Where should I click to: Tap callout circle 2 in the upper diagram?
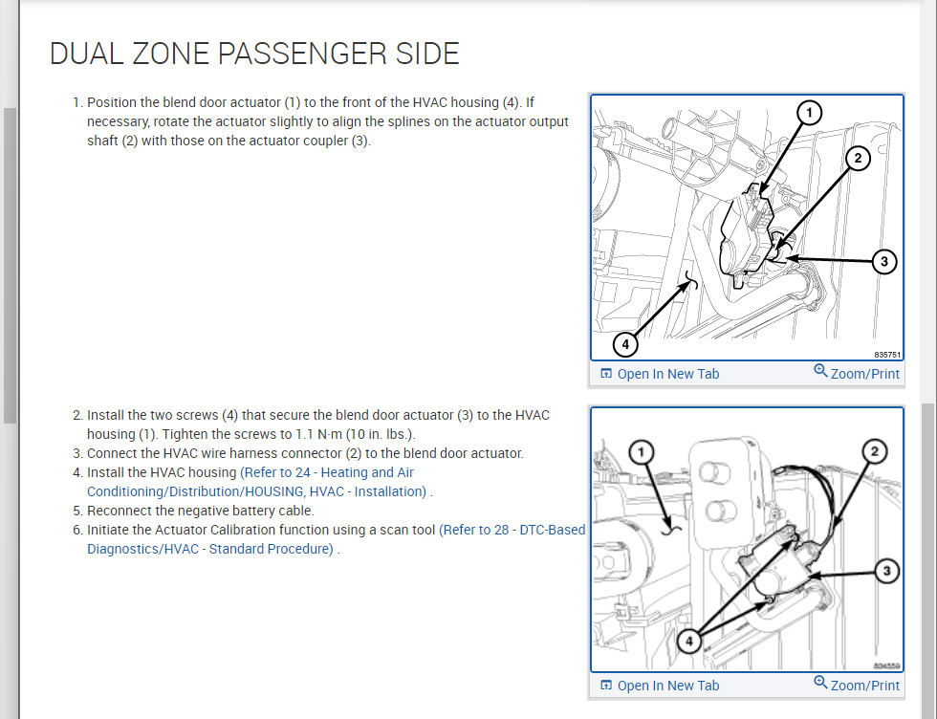(x=858, y=160)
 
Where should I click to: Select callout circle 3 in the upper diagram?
(x=884, y=260)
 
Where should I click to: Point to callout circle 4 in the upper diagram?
(x=625, y=342)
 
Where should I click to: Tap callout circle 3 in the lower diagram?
(x=887, y=571)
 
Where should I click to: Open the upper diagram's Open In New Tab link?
(x=667, y=374)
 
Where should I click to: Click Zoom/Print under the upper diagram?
(x=864, y=374)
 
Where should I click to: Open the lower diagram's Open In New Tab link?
(x=667, y=686)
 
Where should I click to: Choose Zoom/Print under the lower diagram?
(x=864, y=686)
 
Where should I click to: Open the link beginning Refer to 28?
(x=512, y=530)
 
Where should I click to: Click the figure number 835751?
(x=887, y=354)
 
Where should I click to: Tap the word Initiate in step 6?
(x=109, y=530)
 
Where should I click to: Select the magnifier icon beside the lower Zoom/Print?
(x=820, y=683)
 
